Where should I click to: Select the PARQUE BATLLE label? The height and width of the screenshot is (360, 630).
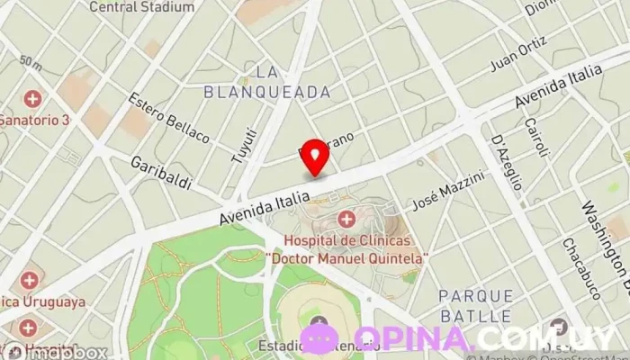click(x=476, y=306)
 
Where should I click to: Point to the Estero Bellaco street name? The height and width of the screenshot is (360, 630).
click(x=168, y=117)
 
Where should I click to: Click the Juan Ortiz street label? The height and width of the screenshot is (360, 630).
click(x=518, y=56)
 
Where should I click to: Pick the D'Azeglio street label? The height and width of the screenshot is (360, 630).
click(x=507, y=162)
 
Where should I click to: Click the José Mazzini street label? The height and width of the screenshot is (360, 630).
click(x=447, y=192)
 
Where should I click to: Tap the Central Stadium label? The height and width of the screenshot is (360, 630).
click(x=142, y=7)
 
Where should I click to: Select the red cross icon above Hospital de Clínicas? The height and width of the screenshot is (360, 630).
click(x=346, y=218)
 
